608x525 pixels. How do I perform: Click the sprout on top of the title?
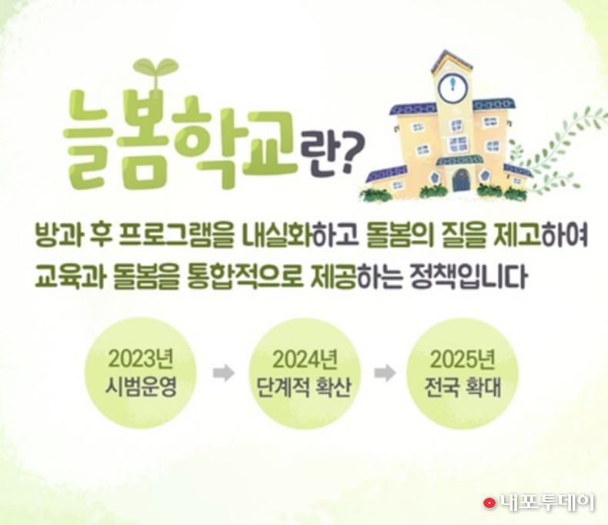point(155,72)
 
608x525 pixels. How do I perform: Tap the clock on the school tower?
point(451,86)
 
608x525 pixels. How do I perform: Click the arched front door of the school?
point(461,180)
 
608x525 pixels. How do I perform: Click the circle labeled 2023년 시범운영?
point(141,373)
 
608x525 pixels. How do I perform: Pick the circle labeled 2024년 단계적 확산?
point(305,373)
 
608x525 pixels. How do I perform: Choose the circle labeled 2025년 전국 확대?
point(463,373)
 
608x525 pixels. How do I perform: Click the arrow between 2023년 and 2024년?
point(224,373)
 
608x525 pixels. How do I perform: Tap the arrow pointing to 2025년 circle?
point(385,373)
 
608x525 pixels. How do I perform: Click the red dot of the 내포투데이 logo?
point(489,503)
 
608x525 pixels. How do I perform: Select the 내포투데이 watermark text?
point(546,503)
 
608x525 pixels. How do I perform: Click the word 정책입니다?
point(469,276)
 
